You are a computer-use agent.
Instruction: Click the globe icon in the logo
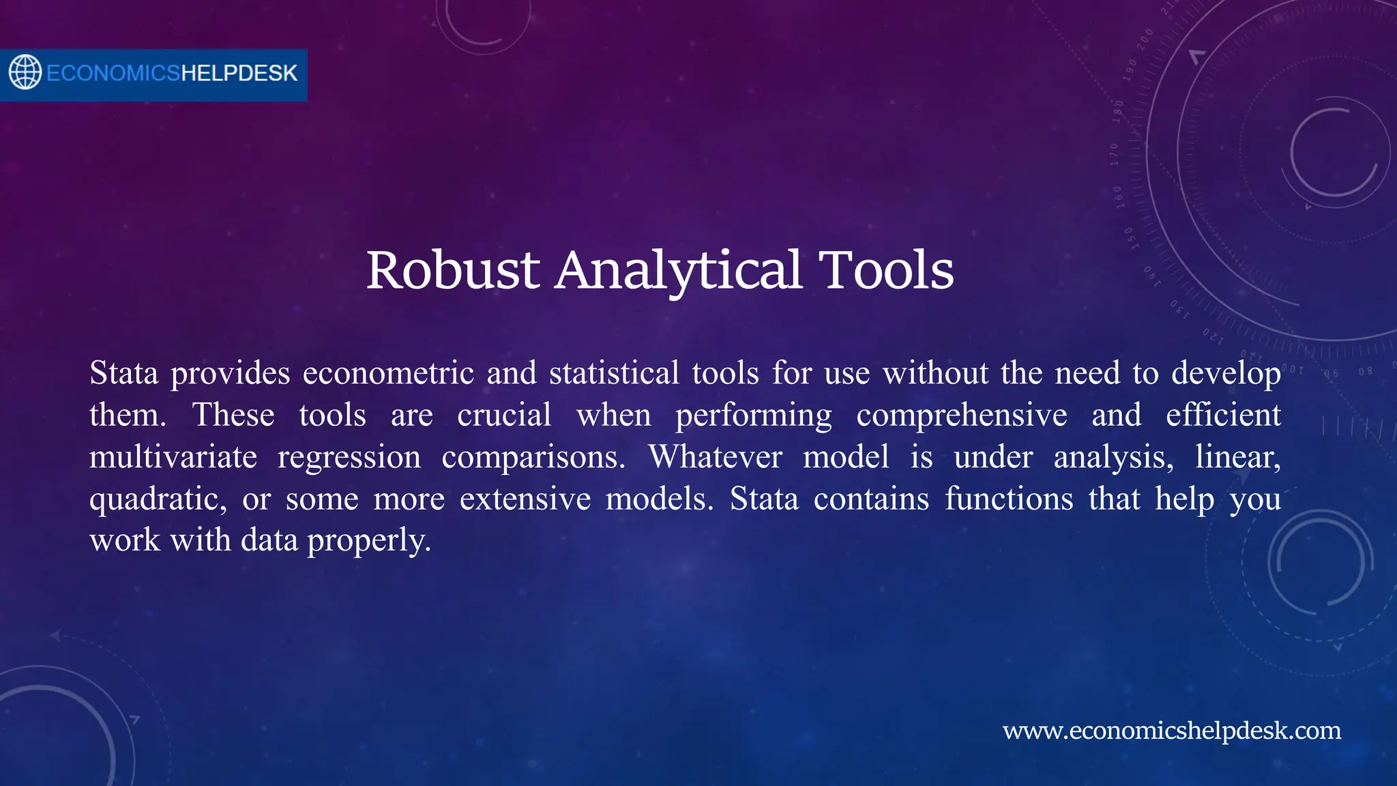25,72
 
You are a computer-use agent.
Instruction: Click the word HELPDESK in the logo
239,73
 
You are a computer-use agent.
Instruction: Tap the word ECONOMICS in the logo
113,73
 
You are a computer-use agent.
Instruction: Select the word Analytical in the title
678,270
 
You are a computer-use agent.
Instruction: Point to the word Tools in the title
885,270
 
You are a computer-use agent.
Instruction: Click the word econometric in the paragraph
388,373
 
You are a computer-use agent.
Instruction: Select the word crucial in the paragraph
504,415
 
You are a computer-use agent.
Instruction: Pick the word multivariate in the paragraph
173,456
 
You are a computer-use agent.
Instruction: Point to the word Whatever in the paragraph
715,456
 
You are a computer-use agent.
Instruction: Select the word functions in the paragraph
1009,499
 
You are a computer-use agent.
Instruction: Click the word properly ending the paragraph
368,540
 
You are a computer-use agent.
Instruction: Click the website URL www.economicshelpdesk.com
1171,730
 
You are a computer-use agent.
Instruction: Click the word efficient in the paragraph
1223,415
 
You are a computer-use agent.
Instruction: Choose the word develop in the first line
1226,373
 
